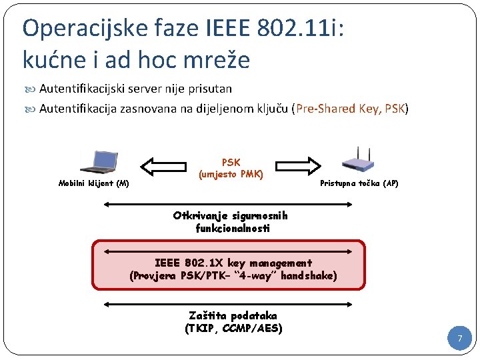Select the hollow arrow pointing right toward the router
(297, 165)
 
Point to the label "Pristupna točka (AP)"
(359, 183)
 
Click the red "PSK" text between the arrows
(231, 163)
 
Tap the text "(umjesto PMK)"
(231, 175)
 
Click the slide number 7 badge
(459, 339)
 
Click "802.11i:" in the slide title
(315, 28)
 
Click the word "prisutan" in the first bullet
(211, 89)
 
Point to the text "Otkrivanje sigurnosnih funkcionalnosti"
(231, 222)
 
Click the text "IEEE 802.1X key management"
(233, 263)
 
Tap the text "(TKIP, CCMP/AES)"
(233, 328)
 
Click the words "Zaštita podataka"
(233, 315)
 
